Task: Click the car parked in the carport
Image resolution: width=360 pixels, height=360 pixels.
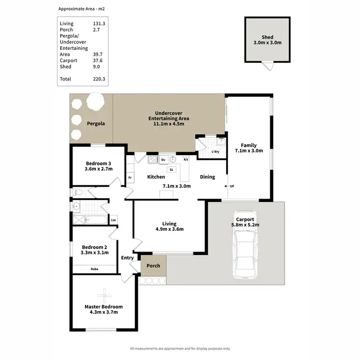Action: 244,244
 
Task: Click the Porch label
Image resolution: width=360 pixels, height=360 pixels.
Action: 153,265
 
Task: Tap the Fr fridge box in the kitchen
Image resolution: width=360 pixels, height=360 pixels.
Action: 130,178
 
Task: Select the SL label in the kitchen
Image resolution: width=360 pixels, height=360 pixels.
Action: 171,169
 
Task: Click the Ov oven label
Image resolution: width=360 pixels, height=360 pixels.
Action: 163,159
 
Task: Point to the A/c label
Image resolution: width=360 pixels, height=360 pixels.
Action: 186,159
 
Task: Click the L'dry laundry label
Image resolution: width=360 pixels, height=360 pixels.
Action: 216,152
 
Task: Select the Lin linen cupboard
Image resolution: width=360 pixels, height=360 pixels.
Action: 113,220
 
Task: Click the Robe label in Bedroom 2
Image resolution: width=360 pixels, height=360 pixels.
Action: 95,269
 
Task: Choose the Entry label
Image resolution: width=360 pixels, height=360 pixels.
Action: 127,258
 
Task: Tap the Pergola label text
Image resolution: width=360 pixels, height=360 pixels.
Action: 96,123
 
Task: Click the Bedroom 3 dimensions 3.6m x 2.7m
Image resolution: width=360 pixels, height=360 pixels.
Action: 98,169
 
